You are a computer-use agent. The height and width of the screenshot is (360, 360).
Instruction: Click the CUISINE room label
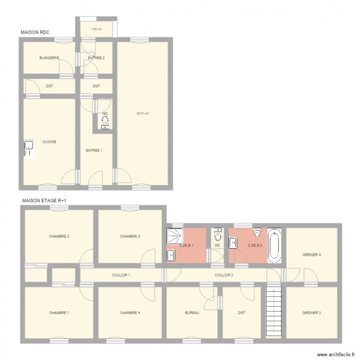click(x=49, y=142)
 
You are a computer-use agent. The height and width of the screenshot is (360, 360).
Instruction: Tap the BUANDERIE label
click(x=49, y=58)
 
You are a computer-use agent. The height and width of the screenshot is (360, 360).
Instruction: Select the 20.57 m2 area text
click(x=143, y=114)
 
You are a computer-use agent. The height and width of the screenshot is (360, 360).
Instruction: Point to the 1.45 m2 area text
click(x=96, y=29)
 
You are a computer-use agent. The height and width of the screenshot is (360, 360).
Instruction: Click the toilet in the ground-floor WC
click(x=105, y=122)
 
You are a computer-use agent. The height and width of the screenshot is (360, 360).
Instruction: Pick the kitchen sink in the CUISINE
click(x=29, y=148)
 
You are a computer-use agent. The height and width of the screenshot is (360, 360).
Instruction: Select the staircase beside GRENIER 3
click(x=274, y=312)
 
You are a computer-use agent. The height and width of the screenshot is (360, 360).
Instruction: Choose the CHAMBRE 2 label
click(x=59, y=236)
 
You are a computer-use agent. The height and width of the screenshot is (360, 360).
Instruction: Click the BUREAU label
click(x=192, y=313)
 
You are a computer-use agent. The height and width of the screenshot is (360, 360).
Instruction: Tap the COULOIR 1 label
click(x=121, y=275)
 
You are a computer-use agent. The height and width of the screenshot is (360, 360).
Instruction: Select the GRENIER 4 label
click(x=311, y=254)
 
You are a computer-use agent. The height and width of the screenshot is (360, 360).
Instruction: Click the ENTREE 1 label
click(x=94, y=150)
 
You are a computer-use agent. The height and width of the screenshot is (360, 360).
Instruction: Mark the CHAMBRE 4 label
click(x=130, y=313)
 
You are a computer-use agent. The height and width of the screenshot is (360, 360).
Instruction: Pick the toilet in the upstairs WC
click(x=218, y=235)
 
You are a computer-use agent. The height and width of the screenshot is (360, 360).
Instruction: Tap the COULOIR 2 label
click(x=224, y=275)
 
